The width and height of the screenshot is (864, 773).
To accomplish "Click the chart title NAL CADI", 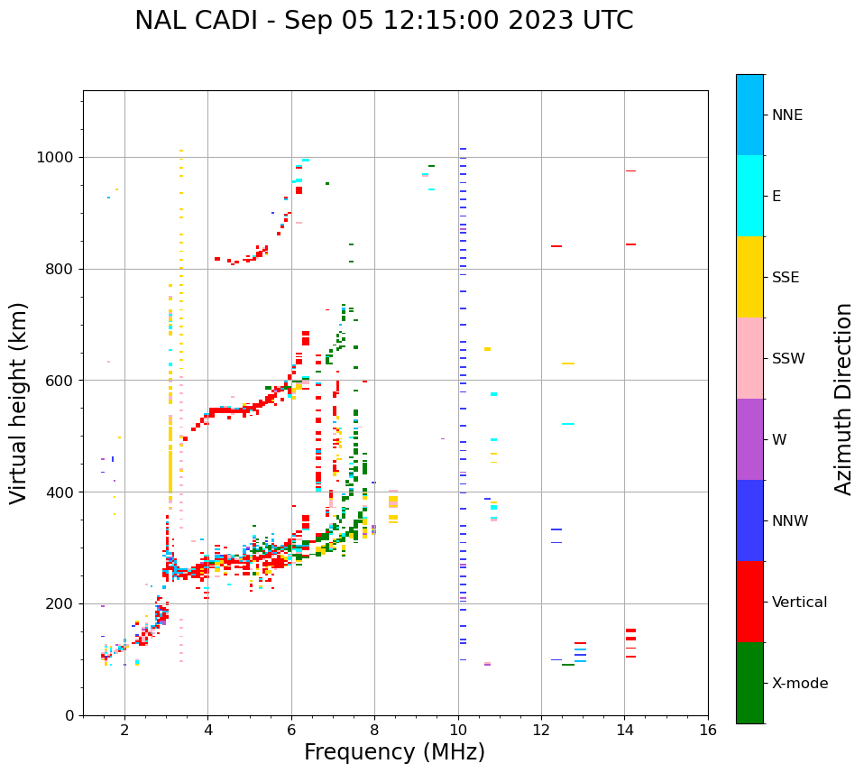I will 383,21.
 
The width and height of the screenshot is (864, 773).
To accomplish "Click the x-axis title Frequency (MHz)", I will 394,752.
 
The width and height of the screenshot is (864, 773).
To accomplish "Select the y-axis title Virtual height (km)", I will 19,402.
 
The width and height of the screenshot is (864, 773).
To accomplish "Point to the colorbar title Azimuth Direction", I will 843,399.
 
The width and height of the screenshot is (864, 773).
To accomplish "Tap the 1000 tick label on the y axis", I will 54,157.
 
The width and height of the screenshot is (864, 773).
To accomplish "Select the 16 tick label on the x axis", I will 708,730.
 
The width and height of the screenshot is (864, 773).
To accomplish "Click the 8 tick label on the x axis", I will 374,730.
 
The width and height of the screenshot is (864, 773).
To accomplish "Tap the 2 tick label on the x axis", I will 124,730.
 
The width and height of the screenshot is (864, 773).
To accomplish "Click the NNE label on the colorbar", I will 786,115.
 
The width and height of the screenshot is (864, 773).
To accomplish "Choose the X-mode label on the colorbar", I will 800,684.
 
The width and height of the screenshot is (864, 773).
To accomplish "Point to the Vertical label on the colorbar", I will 799,603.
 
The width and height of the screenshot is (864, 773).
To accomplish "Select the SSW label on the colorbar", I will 788,359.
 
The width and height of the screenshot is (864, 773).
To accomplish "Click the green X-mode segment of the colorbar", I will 749,683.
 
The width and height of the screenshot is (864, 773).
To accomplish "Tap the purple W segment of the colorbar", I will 749,439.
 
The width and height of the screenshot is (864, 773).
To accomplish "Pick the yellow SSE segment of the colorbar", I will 749,277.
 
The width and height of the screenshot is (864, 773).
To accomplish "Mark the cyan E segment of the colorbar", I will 749,196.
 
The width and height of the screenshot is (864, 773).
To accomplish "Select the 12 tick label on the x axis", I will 541,730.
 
